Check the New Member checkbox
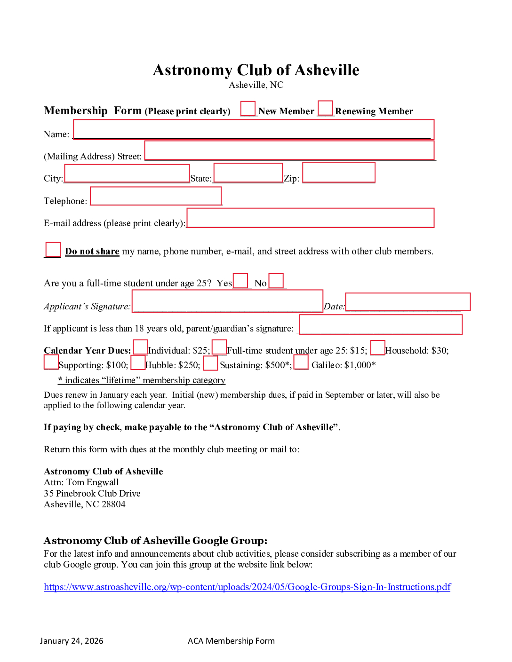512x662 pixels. click(248, 108)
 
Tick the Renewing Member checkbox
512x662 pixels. click(325, 108)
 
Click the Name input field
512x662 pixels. click(253, 129)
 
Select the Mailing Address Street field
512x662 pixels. click(289, 150)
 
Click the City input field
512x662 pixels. click(127, 173)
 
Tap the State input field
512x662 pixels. click(248, 173)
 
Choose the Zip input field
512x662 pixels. click(338, 172)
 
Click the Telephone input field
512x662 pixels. click(155, 196)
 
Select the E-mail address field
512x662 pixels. click(310, 218)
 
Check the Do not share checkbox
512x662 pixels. click(53, 249)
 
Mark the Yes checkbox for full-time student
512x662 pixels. click(240, 281)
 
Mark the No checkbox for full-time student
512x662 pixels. click(276, 281)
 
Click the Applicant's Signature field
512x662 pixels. click(227, 301)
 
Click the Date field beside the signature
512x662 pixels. click(408, 301)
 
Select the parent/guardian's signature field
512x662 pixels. click(380, 324)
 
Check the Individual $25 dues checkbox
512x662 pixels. click(140, 347)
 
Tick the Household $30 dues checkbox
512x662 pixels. click(377, 347)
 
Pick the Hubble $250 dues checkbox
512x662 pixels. click(138, 363)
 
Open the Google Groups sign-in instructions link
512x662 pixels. click(247, 587)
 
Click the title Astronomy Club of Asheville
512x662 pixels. click(256, 70)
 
